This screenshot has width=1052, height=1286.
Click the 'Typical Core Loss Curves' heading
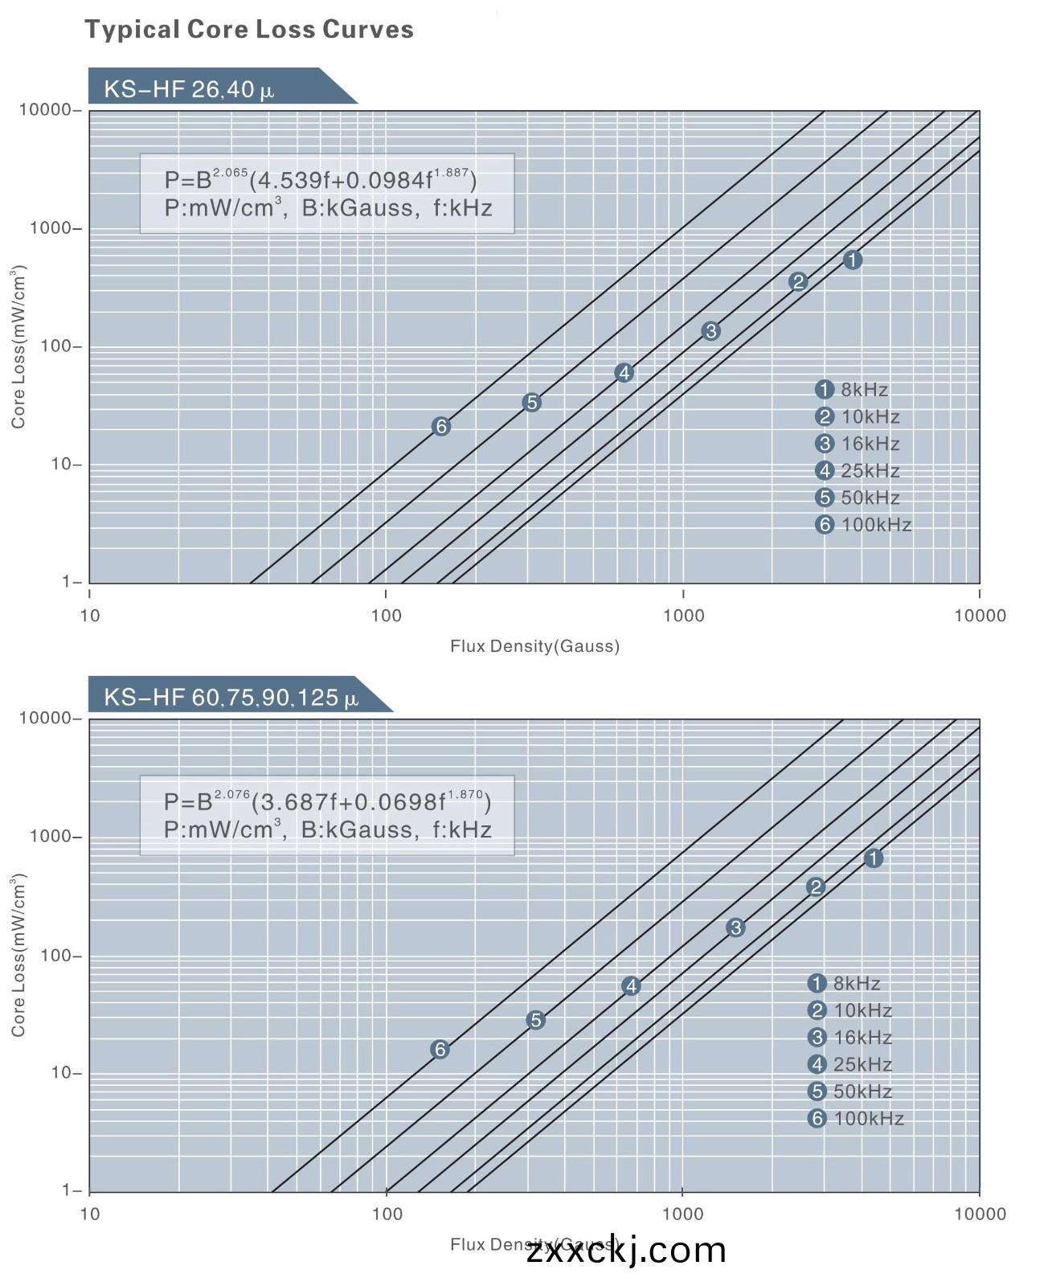point(249,30)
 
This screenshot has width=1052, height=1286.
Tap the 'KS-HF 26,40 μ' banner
point(190,88)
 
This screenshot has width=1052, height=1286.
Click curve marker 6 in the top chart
point(440,426)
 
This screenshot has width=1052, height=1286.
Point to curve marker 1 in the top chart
point(852,260)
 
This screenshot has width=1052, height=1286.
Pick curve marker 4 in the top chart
point(624,372)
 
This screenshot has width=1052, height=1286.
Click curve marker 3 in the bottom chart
point(735,928)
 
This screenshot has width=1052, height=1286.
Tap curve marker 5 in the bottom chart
point(535,1020)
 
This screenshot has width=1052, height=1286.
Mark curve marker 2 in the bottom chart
point(816,887)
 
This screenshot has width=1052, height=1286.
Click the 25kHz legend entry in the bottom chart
point(851,1064)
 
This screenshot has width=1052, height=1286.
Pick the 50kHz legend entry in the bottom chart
point(851,1091)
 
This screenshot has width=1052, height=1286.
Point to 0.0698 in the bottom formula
point(394,802)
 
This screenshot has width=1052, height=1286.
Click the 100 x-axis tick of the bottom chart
point(387,1214)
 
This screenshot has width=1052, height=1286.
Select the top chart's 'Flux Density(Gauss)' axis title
point(534,646)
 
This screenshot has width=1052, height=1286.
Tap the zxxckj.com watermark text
point(626,1251)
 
